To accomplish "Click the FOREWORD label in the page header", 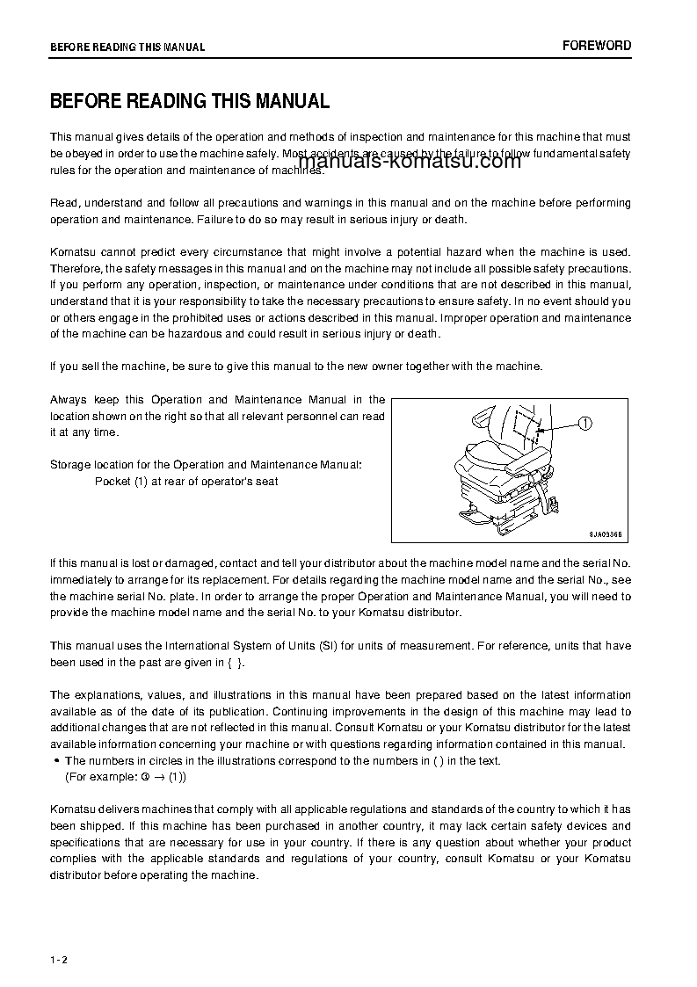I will click(597, 46).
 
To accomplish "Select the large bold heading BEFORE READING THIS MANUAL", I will click(190, 101).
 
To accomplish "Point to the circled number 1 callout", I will click(585, 424).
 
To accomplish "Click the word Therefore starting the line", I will click(76, 268).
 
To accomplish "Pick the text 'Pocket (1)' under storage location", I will click(120, 482).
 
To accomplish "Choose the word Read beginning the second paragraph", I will click(64, 203).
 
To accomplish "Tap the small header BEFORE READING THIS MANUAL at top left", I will click(127, 47).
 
